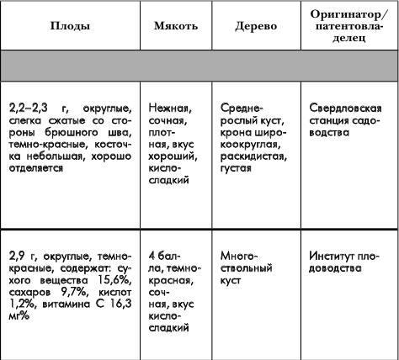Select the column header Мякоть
(175, 26)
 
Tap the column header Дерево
(257, 26)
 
